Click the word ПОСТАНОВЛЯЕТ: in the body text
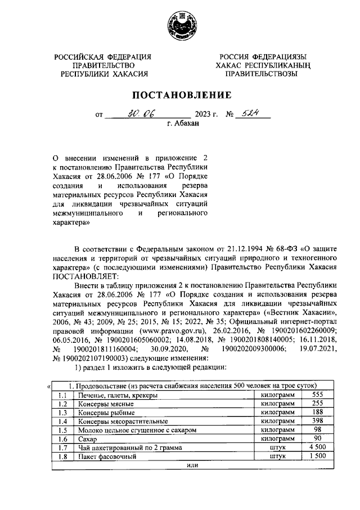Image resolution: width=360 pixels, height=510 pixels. (x=85, y=276)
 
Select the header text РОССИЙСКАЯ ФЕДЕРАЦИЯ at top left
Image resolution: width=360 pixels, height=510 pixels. (x=103, y=57)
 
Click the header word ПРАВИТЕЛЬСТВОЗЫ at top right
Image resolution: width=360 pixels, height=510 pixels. (x=259, y=74)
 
